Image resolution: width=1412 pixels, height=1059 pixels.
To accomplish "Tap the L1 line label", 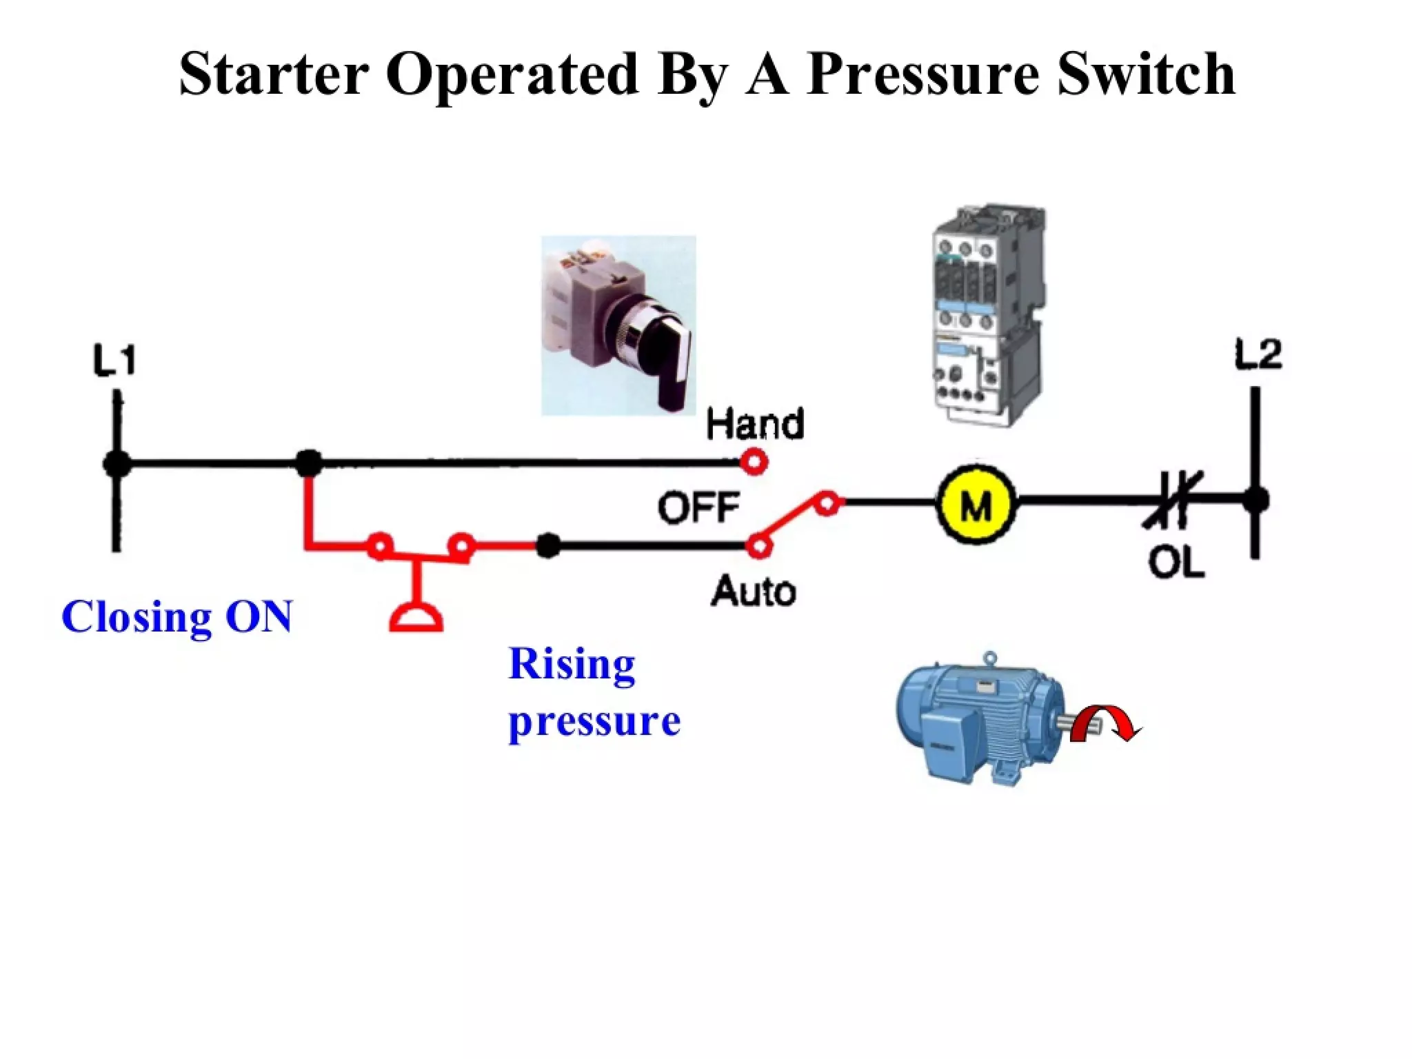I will [x=114, y=361].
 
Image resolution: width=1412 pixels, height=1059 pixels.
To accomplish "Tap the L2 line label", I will [x=1258, y=355].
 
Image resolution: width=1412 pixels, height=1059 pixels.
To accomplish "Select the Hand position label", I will [x=755, y=424].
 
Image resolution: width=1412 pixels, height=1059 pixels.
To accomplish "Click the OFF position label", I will [x=698, y=508].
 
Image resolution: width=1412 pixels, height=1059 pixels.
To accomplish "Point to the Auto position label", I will [x=754, y=592].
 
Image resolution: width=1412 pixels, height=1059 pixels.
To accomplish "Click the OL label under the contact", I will [x=1176, y=562].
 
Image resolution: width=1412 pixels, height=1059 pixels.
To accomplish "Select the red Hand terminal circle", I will [x=754, y=461].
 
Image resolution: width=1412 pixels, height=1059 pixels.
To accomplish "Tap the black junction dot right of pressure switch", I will [x=548, y=545].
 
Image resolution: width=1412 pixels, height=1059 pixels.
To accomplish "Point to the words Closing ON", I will [x=176, y=616].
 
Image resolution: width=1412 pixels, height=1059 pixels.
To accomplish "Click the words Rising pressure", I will [x=593, y=693].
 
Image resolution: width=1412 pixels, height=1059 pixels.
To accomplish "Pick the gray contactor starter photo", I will [x=986, y=314].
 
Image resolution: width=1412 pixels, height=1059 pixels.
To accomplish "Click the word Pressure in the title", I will [x=922, y=74].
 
